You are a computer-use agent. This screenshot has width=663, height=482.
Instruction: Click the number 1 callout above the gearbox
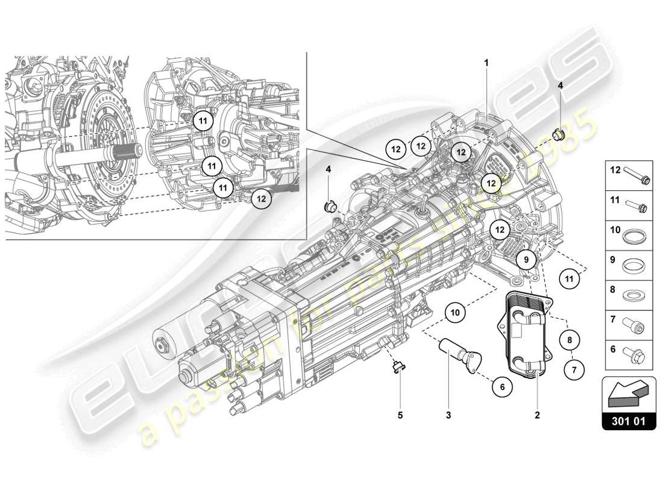pos(486,62)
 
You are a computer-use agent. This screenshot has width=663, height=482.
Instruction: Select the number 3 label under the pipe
pos(448,415)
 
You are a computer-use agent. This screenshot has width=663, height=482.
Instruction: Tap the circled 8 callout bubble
pos(570,340)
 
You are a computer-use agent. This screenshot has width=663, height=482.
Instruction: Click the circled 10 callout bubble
pos(456,312)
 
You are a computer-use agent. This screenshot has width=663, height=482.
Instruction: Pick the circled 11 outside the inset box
pos(569,278)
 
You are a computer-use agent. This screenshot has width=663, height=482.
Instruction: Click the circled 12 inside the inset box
pos(261,198)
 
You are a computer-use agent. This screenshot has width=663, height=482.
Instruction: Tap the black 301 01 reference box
pos(629,421)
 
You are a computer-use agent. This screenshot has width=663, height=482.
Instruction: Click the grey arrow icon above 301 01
pos(628,393)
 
